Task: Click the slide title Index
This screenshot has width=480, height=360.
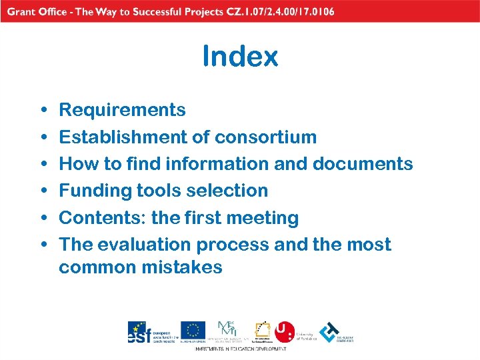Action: pyautogui.click(x=240, y=57)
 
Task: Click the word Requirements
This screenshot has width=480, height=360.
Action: pyautogui.click(x=122, y=109)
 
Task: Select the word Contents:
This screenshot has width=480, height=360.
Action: pyautogui.click(x=102, y=217)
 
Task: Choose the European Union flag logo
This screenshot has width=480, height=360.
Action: pyautogui.click(x=193, y=330)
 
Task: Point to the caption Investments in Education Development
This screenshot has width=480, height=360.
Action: pyautogui.click(x=240, y=349)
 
